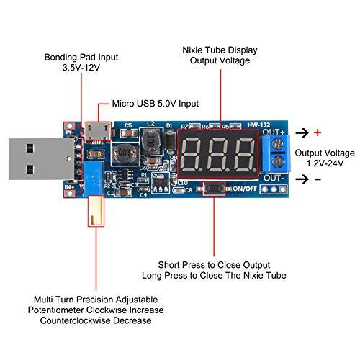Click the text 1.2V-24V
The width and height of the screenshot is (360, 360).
(329, 164)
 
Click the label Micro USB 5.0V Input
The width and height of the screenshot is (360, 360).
(156, 103)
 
